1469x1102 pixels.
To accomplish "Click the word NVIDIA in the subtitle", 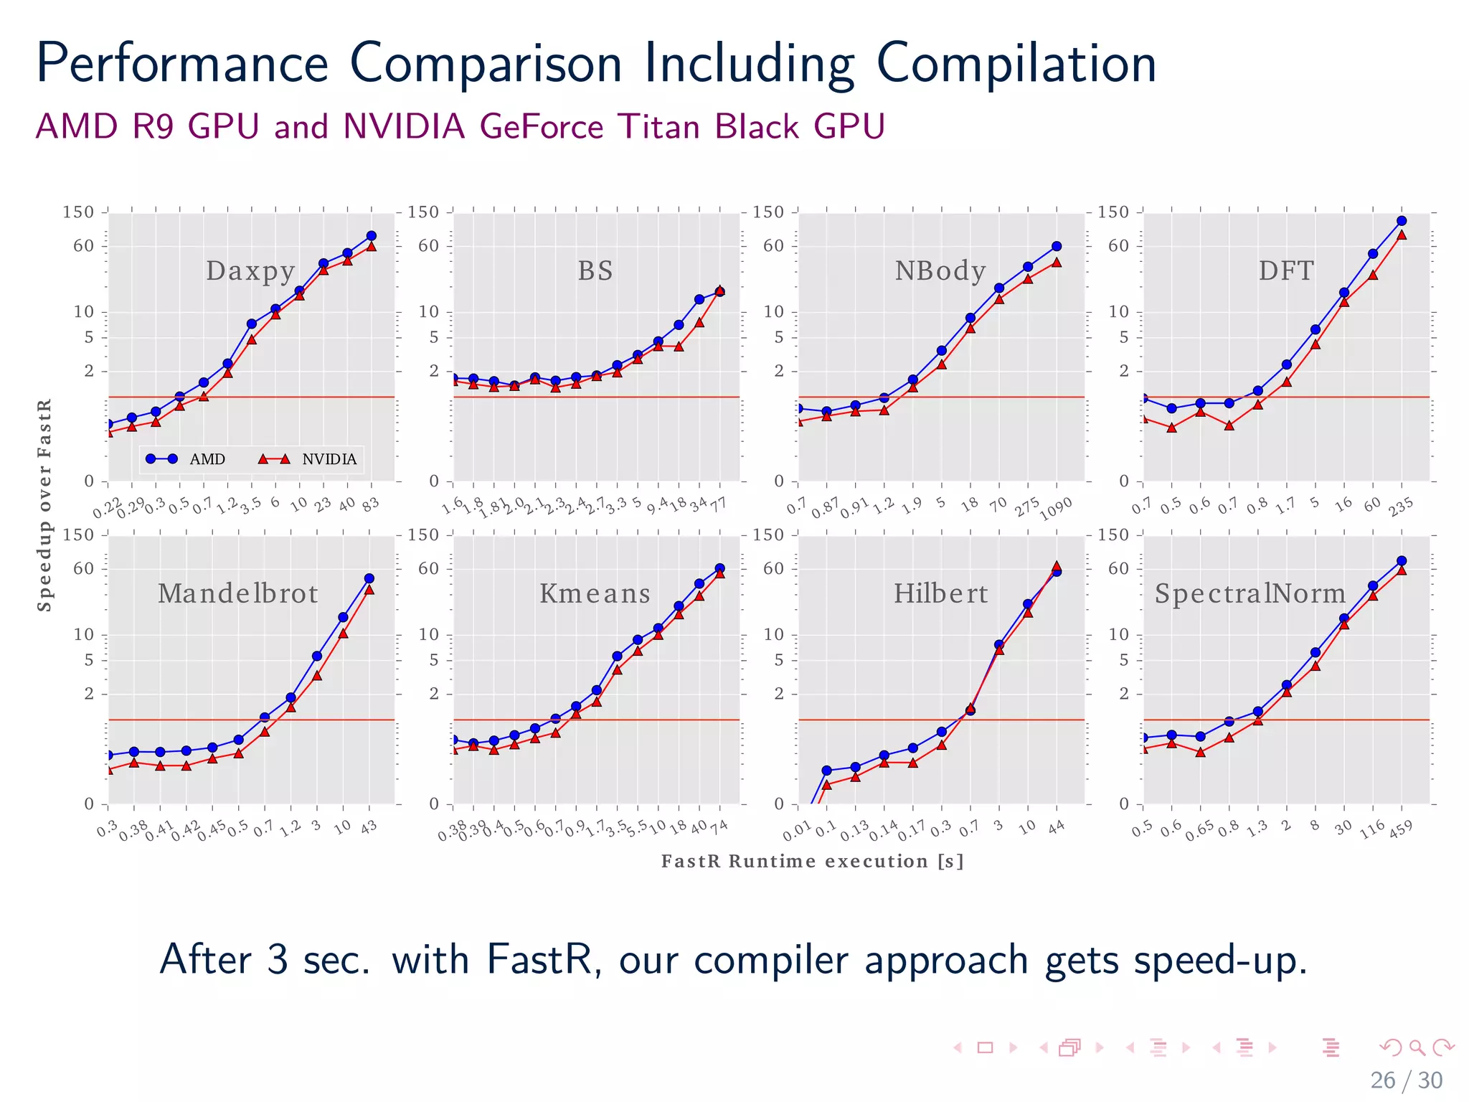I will pos(404,127).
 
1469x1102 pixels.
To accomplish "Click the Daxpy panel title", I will pos(250,271).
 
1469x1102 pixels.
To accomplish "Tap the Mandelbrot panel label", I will pos(237,594).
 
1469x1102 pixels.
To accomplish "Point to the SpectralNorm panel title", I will pos(1250,594).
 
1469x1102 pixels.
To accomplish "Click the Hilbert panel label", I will pos(940,594).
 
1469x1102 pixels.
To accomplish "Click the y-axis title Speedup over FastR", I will pos(44,505).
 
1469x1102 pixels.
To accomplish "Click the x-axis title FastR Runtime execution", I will pos(812,861).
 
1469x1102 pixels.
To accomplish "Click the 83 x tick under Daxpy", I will pos(370,505).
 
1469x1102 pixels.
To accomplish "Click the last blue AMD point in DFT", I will pos(1402,221).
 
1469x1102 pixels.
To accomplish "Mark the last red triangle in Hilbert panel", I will pos(1056,567).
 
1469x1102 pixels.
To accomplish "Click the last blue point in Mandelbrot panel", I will pos(369,578).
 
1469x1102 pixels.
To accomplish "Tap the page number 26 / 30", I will pos(1406,1080).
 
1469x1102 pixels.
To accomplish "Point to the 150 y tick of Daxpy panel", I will pos(78,212).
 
